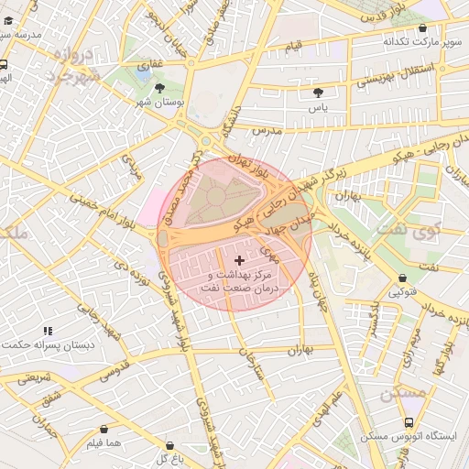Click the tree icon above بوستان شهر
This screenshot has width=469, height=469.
pos(161,89)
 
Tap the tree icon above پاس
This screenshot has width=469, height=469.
pos(318,93)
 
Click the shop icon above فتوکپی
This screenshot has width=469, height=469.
pos(403,279)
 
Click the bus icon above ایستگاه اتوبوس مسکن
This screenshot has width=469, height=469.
pos(409,422)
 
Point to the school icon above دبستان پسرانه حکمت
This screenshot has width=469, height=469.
pos(49,331)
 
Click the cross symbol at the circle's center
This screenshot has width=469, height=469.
pos(240,261)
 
